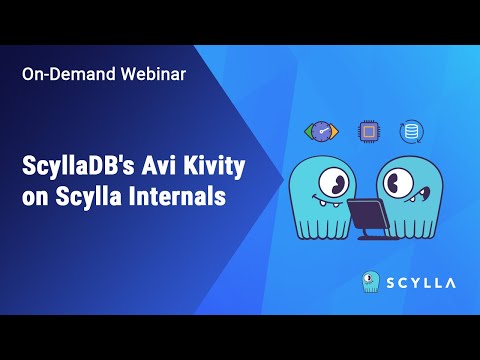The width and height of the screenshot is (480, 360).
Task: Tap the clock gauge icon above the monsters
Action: (322, 132)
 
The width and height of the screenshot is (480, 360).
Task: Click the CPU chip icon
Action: (369, 131)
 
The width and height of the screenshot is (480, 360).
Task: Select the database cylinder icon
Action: (410, 131)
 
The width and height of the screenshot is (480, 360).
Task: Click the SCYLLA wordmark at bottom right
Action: (421, 282)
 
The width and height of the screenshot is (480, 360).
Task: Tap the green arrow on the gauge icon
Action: (308, 132)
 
